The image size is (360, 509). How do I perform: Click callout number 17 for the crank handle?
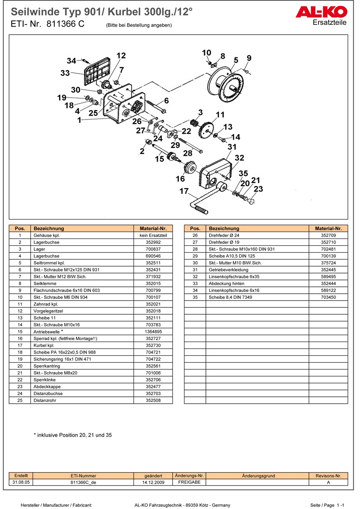tap(184, 191)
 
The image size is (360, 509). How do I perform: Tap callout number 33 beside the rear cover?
tap(65, 73)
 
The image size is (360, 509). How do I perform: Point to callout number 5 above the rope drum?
tap(236, 60)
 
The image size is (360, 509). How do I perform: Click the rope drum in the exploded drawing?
tap(225, 86)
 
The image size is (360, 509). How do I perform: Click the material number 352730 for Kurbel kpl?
tap(153, 345)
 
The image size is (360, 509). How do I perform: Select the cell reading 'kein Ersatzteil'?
tap(153, 235)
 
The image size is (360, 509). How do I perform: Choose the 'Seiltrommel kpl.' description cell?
tap(47, 263)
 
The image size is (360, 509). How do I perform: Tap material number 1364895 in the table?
tap(153, 331)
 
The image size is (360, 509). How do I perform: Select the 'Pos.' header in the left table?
tap(20, 229)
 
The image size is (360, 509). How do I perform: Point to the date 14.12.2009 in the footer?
tap(153, 482)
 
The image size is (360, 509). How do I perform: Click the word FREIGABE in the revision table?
tap(189, 482)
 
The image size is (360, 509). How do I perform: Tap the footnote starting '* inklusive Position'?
tap(73, 435)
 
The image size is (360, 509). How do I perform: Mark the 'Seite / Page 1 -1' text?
tap(327, 505)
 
